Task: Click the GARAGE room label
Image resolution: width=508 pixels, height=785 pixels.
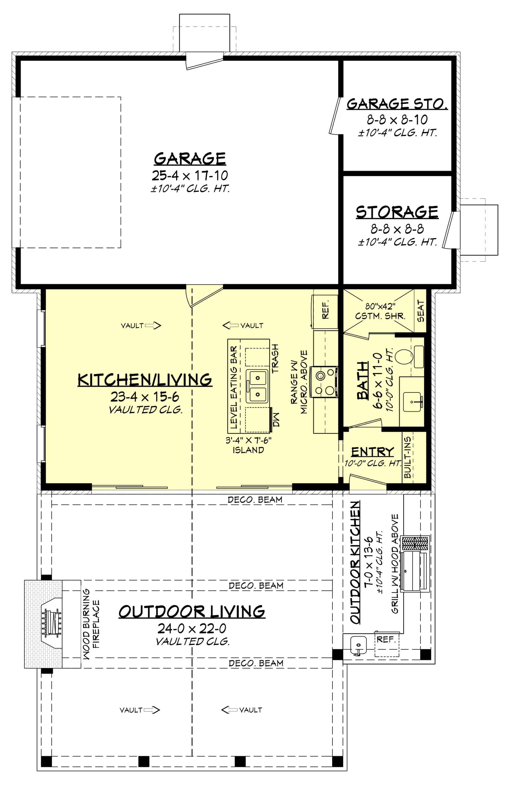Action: [190, 159]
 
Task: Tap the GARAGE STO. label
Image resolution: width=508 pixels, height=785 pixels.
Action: [397, 104]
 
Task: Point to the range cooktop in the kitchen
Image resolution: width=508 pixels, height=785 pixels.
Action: [325, 383]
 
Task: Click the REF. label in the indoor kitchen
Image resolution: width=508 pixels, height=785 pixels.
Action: [326, 311]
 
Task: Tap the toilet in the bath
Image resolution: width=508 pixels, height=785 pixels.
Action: [404, 356]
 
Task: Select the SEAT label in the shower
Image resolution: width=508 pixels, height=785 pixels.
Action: [421, 311]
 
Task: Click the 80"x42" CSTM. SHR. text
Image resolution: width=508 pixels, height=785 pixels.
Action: [380, 311]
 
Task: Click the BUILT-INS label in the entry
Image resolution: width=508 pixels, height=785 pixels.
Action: [408, 457]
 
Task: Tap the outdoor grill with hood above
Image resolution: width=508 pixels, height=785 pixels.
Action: [415, 563]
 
